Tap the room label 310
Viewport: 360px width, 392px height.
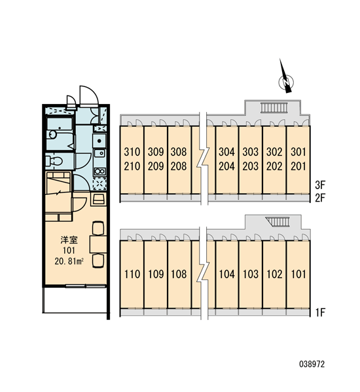[x=132, y=152]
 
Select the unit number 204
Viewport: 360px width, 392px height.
[x=226, y=166]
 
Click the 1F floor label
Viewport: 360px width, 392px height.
[x=320, y=312]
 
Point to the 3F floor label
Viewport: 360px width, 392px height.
[x=320, y=185]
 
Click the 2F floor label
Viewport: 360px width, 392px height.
[x=320, y=198]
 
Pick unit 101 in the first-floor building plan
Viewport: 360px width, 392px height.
[x=298, y=274]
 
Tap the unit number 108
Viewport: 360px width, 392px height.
[x=179, y=274]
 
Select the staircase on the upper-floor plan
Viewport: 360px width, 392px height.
[x=274, y=107]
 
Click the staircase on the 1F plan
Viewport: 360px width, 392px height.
[x=278, y=221]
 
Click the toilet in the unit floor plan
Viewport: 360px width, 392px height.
[x=54, y=161]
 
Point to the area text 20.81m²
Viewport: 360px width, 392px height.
[x=69, y=262]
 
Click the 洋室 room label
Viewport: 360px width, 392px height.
[x=69, y=240]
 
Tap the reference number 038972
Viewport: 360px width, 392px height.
[x=312, y=364]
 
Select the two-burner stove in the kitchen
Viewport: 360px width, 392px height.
[x=99, y=171]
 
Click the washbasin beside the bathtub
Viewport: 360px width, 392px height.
[x=52, y=135]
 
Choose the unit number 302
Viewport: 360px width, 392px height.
[x=274, y=152]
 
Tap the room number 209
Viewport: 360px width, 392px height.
[x=156, y=166]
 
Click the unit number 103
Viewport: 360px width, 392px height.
[x=251, y=274]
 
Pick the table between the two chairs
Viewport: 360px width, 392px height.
[x=98, y=244]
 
